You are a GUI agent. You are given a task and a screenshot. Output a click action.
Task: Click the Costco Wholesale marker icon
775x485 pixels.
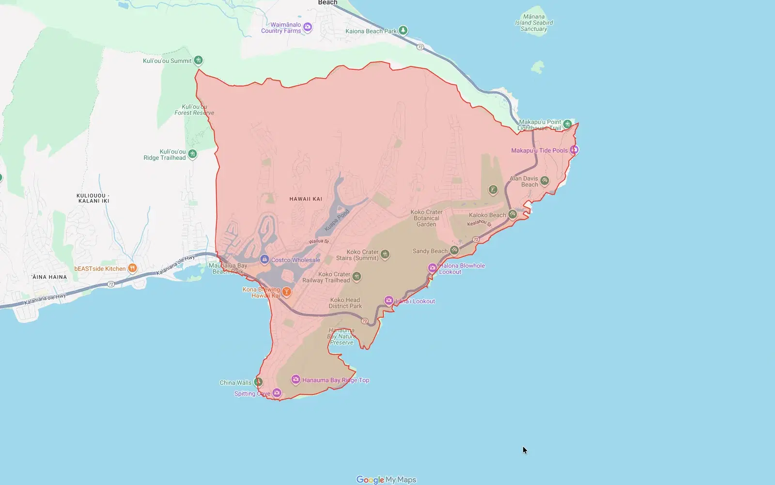pos(264,259)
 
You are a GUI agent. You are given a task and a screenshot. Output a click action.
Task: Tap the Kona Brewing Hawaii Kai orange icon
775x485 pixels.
pos(287,291)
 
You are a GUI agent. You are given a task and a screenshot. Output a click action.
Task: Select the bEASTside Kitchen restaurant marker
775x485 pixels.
pos(132,268)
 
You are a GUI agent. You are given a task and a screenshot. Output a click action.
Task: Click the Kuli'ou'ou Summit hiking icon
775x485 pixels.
pos(198,60)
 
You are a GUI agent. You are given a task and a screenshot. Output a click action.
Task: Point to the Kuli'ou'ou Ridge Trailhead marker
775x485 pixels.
pos(192,154)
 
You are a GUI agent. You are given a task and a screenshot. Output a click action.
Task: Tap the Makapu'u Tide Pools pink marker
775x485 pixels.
pos(574,150)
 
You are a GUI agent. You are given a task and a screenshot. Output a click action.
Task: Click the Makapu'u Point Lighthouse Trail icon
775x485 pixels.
pos(567,124)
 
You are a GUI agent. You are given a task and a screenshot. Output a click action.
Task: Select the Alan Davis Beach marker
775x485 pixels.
pos(544,181)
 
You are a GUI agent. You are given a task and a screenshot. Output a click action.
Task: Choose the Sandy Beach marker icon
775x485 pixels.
pos(454,250)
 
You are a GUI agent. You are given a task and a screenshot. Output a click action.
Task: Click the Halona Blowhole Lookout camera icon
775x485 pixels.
pos(432,267)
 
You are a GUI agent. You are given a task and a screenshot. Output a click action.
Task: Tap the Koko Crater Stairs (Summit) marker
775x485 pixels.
pos(385,254)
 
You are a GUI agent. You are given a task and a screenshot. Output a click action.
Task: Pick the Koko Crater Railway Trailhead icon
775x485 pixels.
pos(356,276)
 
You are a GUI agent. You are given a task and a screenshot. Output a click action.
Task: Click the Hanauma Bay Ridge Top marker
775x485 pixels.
pos(295,379)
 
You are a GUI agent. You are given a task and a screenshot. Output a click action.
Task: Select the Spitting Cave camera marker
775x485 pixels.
pos(277,392)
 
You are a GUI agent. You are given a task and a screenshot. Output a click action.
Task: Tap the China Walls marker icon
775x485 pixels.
pos(258,382)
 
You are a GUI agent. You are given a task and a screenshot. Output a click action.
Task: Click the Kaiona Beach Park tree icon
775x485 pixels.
pos(403,31)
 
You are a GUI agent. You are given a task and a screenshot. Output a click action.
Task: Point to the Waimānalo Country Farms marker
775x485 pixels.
pos(308,27)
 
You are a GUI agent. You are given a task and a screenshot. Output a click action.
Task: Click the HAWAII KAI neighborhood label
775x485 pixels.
pos(306,199)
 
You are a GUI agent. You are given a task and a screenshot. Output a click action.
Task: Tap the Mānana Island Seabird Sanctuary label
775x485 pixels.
pos(534,23)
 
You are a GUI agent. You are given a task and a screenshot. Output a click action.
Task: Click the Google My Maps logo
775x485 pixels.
pos(386,480)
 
